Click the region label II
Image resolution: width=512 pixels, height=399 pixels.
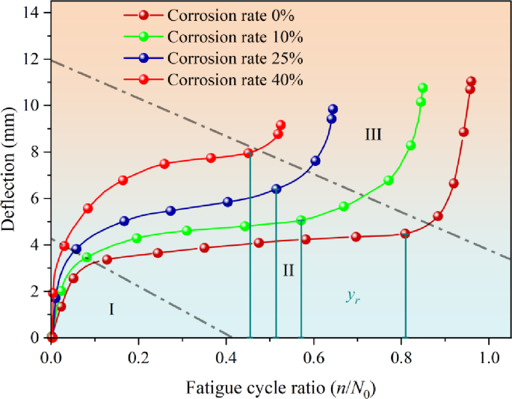coord(288,270)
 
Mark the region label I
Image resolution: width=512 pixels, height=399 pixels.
coord(111,309)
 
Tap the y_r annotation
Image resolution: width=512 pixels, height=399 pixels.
coord(352,296)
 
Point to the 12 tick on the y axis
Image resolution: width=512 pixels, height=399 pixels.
coord(34,59)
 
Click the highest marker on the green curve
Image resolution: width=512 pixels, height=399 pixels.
coord(422,88)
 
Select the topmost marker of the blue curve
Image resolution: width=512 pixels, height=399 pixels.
coord(333,109)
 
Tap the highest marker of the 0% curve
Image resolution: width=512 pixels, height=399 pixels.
coord(471,81)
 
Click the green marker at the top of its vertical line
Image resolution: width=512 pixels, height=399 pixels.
coord(301,220)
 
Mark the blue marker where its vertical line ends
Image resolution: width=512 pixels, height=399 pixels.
coord(276,189)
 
